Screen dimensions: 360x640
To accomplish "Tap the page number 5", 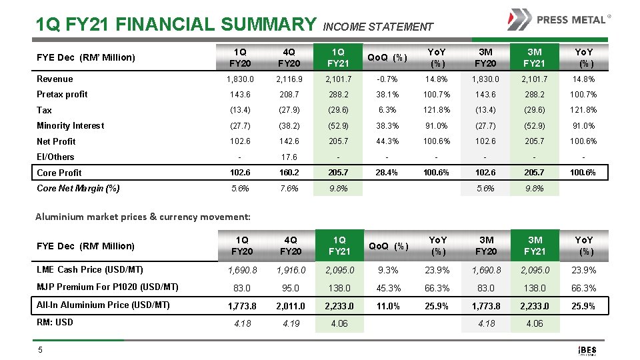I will [39, 349].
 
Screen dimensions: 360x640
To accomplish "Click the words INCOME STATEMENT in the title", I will [377, 27].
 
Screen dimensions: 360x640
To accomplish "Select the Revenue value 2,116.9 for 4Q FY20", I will [290, 79].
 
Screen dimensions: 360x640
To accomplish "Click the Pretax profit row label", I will [62, 94].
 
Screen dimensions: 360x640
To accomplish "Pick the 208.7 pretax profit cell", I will [290, 95].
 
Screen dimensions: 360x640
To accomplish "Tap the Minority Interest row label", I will [70, 125].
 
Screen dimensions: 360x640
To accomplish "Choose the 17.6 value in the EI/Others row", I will [290, 157].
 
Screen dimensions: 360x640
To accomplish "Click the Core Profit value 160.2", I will [290, 172].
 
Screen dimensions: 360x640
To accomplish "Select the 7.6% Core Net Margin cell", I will [290, 188].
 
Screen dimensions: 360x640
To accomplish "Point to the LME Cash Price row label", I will [89, 269].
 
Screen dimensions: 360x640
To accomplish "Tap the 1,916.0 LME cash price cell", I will [290, 270].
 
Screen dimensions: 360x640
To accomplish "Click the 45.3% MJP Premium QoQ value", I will [389, 288].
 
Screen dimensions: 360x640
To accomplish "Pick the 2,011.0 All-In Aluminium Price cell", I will [290, 306].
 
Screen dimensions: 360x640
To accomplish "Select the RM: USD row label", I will [55, 322].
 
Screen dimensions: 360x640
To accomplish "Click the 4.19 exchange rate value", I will [290, 323].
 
